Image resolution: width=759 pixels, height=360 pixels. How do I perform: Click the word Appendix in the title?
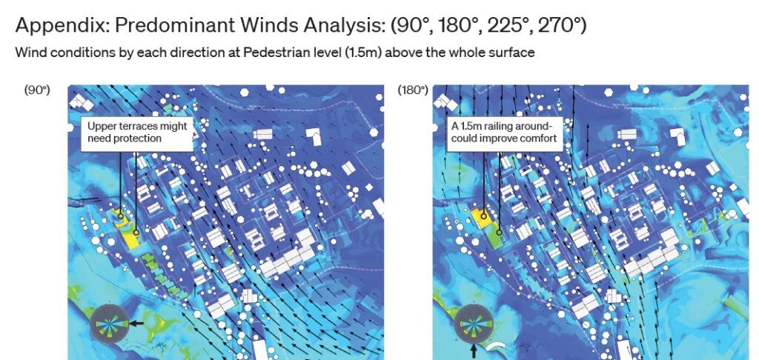tap(56, 25)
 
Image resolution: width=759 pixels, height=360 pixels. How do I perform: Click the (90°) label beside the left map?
tap(37, 90)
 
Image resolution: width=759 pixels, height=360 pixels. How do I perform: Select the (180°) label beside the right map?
tap(413, 90)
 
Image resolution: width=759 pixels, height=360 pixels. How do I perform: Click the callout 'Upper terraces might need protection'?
tap(137, 132)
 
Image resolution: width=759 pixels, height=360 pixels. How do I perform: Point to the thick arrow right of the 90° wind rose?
tap(136, 324)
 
